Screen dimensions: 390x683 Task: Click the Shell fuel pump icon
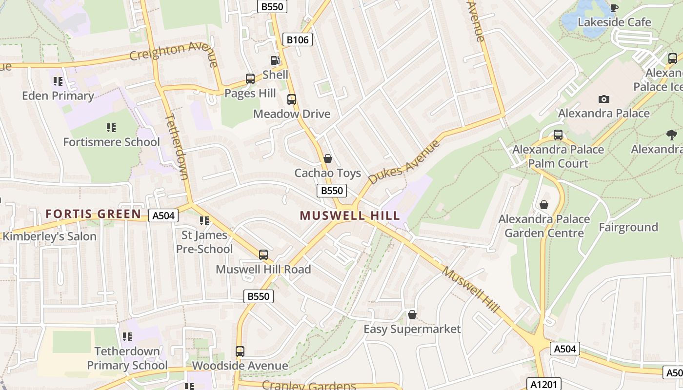point(275,60)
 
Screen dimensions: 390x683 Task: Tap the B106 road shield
point(298,39)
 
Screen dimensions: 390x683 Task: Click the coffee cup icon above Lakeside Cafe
point(614,8)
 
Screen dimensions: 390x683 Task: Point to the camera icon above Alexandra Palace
point(604,99)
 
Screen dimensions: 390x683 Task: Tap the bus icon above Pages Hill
point(250,78)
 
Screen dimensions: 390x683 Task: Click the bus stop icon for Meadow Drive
point(292,99)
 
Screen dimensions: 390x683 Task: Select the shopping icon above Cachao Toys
point(328,158)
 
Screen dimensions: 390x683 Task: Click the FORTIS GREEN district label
point(93,214)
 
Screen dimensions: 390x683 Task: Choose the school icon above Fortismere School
point(111,128)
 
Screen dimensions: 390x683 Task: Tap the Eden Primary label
point(58,96)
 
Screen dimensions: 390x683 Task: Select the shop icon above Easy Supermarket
point(412,314)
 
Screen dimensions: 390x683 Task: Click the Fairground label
point(628,227)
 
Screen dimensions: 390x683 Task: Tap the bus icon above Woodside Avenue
point(240,351)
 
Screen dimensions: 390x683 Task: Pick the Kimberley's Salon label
point(50,236)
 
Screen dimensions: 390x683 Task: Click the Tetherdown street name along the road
point(177,146)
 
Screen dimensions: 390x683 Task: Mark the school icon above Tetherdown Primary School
point(127,336)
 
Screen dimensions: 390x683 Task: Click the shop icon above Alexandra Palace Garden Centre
point(544,205)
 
